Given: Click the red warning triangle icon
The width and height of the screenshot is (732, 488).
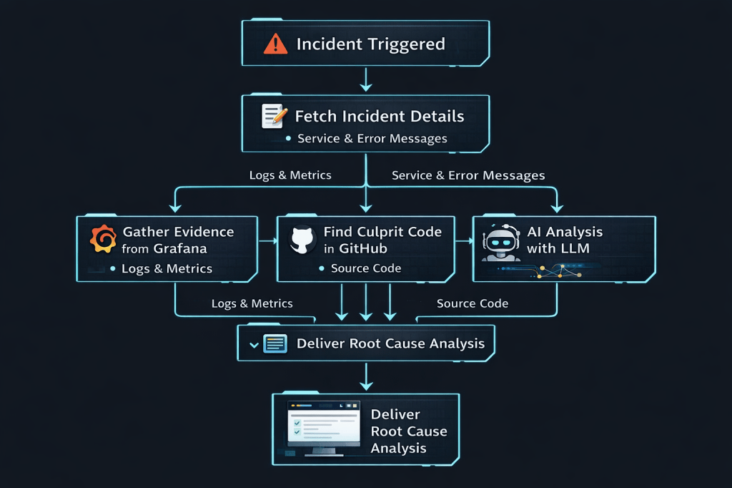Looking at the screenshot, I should (x=274, y=44).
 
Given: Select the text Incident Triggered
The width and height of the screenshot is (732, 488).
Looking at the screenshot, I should (x=370, y=44).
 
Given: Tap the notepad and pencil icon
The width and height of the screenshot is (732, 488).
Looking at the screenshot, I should (x=274, y=114).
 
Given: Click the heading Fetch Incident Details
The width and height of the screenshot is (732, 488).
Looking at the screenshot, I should (x=380, y=116).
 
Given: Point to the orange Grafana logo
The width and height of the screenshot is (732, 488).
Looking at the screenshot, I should (x=103, y=239).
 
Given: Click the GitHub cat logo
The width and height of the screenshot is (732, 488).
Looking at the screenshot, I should (x=302, y=239).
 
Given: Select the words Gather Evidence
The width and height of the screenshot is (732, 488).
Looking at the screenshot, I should (x=178, y=232).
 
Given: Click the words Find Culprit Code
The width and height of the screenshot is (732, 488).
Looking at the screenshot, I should (x=382, y=232).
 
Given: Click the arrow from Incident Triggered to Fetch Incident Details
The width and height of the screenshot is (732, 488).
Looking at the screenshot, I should (x=366, y=79).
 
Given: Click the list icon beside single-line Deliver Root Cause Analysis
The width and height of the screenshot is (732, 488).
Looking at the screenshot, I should (x=275, y=343).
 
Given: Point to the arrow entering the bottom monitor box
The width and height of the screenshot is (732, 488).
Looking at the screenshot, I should (x=366, y=378).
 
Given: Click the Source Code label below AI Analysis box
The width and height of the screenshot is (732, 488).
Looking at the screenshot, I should (x=473, y=303).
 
